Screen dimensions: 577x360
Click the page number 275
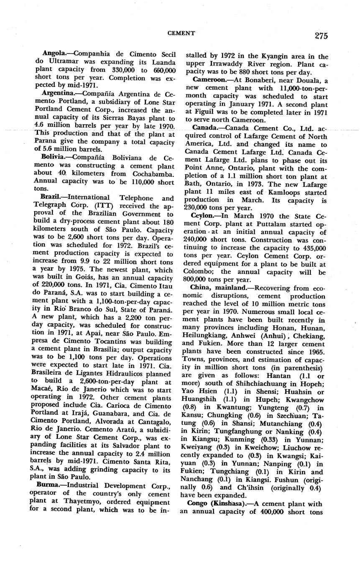pos(321,36)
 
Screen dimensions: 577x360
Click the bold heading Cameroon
pos(208,79)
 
